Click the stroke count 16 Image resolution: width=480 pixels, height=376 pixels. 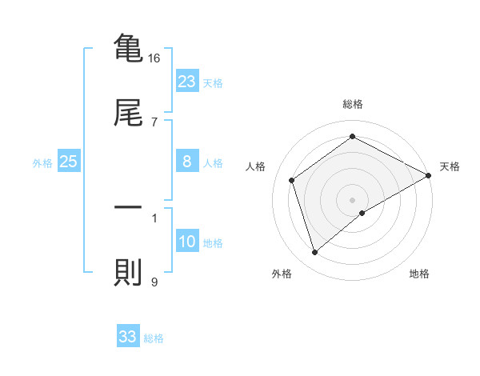[x=154, y=58]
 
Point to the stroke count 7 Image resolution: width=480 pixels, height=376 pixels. [x=154, y=122]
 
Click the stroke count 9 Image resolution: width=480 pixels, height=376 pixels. [x=154, y=282]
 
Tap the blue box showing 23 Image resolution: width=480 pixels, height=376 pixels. [x=187, y=82]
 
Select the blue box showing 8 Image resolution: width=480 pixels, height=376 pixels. [x=187, y=162]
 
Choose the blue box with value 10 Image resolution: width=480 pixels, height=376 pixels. [x=187, y=242]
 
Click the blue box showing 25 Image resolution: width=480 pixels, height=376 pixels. [x=69, y=162]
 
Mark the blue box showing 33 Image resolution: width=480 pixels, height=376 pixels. [x=128, y=337]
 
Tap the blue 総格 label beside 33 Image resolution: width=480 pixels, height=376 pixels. [x=154, y=338]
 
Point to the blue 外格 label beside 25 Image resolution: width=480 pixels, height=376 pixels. [x=42, y=163]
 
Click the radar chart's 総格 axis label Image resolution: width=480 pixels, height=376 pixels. [x=353, y=104]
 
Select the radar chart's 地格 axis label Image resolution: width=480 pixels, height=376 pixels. [x=419, y=274]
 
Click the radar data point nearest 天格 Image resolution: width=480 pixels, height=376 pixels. [x=429, y=176]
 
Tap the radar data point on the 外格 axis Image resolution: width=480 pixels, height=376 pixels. [x=314, y=253]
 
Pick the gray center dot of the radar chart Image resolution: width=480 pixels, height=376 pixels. [x=353, y=199]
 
